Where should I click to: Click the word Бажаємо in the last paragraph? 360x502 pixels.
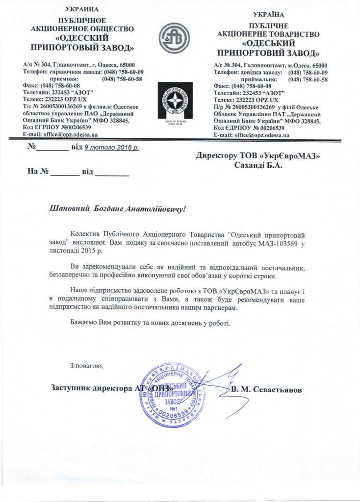tap(84, 324)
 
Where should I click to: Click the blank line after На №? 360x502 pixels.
tap(65, 174)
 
